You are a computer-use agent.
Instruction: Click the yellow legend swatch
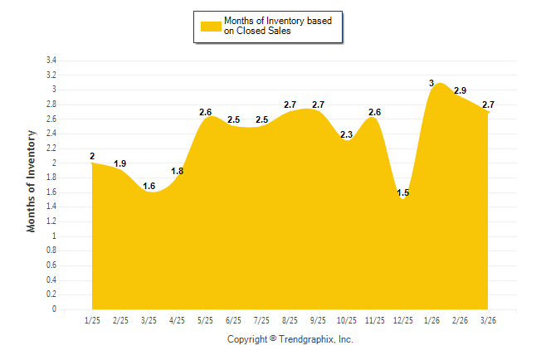click(211, 27)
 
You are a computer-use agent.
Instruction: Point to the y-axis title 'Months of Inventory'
click(32, 180)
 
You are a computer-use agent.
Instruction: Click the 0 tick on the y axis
click(54, 309)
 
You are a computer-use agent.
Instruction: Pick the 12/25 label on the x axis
click(402, 320)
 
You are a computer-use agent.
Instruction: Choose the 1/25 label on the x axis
click(92, 320)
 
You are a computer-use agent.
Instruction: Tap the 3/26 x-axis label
click(488, 320)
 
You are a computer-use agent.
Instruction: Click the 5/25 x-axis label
click(205, 320)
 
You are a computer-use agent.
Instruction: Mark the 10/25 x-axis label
click(346, 320)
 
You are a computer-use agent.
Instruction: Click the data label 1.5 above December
click(403, 193)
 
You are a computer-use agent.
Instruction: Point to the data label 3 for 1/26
click(431, 83)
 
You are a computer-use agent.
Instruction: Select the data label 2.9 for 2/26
click(460, 90)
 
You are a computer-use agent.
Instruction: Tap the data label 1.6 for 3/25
click(149, 186)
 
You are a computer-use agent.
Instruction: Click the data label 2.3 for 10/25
click(347, 134)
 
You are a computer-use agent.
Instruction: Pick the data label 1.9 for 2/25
click(120, 163)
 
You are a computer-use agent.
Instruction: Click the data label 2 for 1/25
click(92, 156)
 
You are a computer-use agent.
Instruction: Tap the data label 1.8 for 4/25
click(178, 171)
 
